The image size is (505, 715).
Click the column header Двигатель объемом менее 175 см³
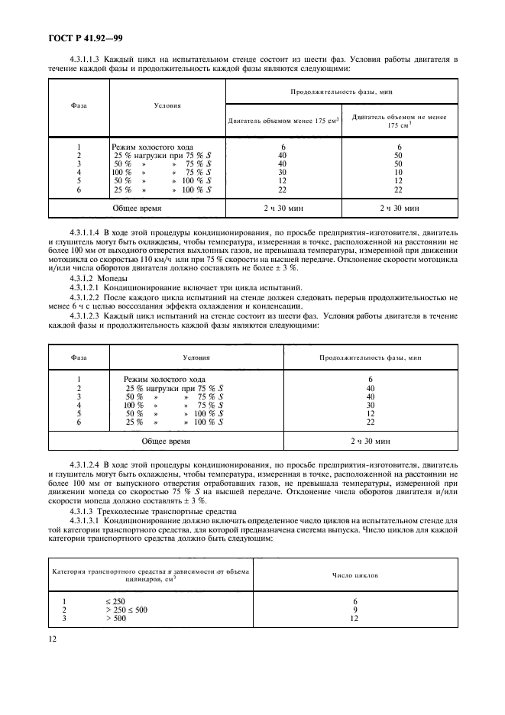click(x=283, y=120)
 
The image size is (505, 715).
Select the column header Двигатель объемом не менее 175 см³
click(x=399, y=120)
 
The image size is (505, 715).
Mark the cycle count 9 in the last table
click(x=355, y=609)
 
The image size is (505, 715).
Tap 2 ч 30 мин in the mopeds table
click(x=370, y=441)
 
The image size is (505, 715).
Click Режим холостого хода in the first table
click(x=152, y=147)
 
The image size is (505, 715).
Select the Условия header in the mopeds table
click(x=196, y=357)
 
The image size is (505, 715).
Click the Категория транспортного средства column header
click(x=150, y=574)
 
